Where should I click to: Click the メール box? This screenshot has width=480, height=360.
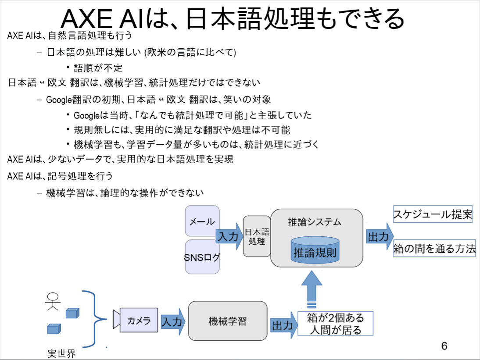[x=202, y=221]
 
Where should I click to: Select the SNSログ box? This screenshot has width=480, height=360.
[x=202, y=257]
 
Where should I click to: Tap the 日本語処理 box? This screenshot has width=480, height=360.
[x=257, y=236]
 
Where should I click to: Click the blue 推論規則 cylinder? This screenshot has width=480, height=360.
[x=315, y=250]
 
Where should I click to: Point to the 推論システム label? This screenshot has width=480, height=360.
[x=315, y=222]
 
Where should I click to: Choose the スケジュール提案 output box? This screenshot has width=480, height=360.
[x=433, y=214]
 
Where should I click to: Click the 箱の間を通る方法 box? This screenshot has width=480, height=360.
[x=434, y=248]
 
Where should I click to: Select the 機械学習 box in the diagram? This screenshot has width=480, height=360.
[x=227, y=321]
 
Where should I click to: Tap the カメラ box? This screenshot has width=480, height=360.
[x=139, y=320]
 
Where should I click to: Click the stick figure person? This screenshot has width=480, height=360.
[x=53, y=301]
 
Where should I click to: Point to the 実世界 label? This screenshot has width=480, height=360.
[x=61, y=353]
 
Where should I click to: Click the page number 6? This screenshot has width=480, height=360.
[x=444, y=346]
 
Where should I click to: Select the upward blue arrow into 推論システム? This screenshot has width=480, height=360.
[x=312, y=289]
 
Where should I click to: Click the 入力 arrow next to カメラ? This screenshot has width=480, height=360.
[x=173, y=322]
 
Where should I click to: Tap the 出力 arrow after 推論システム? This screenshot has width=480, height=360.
[x=380, y=236]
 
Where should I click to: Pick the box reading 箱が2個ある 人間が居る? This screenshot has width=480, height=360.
[x=336, y=324]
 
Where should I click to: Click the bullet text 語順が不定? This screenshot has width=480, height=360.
[x=98, y=68]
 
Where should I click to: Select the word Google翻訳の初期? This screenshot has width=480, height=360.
[x=83, y=100]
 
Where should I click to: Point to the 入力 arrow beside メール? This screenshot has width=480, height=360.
[x=229, y=236]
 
